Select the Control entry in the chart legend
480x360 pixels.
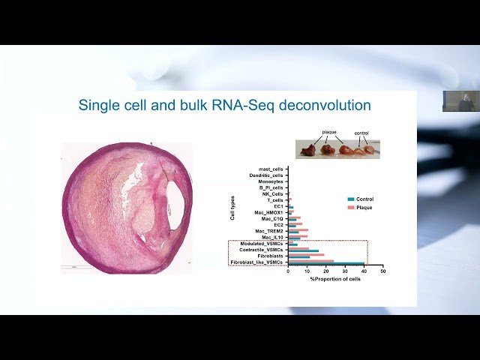tap(364, 199)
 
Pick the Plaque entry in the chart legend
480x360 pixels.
tap(364, 207)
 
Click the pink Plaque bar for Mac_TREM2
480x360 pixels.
tap(298, 229)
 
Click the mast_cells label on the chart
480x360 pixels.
tap(268, 169)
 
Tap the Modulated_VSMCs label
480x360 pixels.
tap(262, 244)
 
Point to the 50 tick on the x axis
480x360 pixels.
tap(382, 271)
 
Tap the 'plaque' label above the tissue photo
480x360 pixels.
tap(329, 132)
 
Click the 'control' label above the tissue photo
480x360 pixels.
tap(362, 133)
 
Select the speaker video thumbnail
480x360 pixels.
tap(460, 101)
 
